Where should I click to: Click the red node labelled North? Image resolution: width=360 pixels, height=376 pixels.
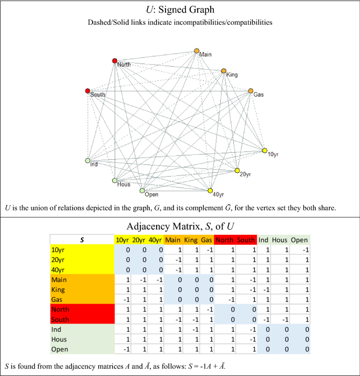115,61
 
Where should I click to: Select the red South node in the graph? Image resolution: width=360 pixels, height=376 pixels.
88,91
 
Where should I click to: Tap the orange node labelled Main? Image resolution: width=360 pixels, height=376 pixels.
197,51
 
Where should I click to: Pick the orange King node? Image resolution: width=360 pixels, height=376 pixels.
223,70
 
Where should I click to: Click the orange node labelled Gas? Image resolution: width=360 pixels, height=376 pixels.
251,91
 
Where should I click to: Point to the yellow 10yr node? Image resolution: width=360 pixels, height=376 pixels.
264,151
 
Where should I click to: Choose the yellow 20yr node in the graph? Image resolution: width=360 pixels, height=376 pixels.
237,171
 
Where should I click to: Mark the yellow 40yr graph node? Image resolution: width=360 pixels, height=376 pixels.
210,190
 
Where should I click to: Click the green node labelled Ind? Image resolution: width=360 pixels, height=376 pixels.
88,161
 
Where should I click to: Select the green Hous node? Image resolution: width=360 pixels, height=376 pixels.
115,181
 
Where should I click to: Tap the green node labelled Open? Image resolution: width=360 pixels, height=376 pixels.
142,191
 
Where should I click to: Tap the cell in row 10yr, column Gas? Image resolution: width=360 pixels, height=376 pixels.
207,250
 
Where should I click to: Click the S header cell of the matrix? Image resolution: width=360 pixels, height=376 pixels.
82,239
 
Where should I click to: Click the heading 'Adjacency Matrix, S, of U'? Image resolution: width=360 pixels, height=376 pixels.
180,226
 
